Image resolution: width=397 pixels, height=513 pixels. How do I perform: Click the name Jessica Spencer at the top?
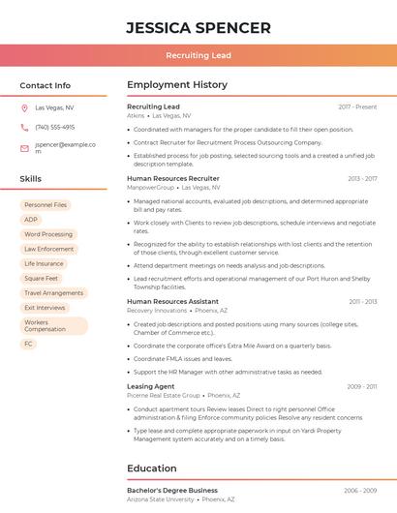[x=198, y=27]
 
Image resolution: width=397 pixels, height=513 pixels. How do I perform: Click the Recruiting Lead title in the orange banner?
[x=198, y=55]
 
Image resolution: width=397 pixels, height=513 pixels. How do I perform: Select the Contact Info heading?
[x=46, y=85]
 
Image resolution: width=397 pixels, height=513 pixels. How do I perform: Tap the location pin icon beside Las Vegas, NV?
[x=24, y=107]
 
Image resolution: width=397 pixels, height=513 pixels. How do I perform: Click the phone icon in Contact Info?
[x=24, y=127]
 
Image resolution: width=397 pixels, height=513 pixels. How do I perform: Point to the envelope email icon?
[x=24, y=148]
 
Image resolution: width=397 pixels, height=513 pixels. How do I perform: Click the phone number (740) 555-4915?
[x=54, y=127]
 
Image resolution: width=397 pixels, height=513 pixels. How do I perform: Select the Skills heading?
[x=31, y=179]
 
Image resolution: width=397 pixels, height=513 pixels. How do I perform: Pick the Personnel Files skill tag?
[x=46, y=205]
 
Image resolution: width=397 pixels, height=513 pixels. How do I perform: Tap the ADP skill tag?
[x=31, y=220]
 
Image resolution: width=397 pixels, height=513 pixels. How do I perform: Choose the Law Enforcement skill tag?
[x=48, y=249]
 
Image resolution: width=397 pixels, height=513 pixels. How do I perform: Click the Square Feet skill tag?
[x=41, y=278]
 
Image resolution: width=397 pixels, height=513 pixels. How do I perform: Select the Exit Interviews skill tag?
[x=45, y=308]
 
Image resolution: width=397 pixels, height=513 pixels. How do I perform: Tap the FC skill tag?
[x=29, y=344]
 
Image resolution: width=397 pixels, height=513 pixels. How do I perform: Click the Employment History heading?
[x=177, y=85]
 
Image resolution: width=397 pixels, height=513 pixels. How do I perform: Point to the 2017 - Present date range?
[x=357, y=106]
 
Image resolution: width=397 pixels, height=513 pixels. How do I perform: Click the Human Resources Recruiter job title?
[x=173, y=178]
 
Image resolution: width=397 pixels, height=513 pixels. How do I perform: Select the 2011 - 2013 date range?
[x=363, y=301]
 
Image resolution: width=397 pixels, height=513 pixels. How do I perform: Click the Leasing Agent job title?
[x=151, y=386]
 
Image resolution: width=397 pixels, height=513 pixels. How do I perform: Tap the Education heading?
[x=152, y=468]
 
